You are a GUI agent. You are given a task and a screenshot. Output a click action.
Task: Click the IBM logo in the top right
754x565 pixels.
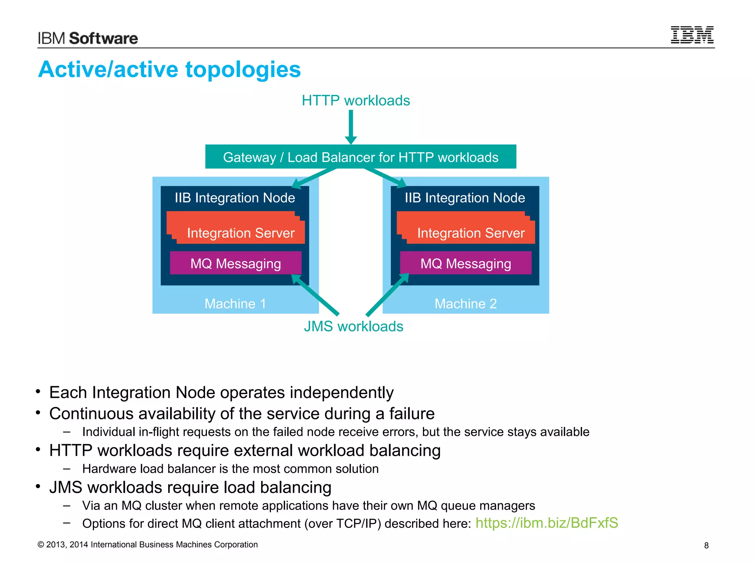click(x=692, y=35)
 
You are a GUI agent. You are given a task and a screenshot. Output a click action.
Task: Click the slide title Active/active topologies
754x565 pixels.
click(x=169, y=70)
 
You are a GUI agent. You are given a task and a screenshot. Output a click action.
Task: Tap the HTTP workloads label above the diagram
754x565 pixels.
click(x=356, y=100)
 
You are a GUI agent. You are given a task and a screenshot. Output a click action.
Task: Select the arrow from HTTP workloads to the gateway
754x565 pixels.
click(x=351, y=127)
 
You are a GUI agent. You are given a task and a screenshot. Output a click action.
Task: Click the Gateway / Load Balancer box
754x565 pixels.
click(x=360, y=157)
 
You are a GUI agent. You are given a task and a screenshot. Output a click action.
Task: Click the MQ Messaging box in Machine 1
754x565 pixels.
click(x=236, y=263)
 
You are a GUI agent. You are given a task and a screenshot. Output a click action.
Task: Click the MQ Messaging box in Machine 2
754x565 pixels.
click(x=466, y=263)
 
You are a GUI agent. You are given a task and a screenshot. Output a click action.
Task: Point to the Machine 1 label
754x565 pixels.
click(x=235, y=304)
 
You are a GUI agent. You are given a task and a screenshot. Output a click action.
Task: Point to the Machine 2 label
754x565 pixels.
click(x=466, y=304)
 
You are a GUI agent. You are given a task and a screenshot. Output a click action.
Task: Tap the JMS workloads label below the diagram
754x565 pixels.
click(x=353, y=327)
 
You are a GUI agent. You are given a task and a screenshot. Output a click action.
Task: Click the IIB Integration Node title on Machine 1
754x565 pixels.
click(x=235, y=198)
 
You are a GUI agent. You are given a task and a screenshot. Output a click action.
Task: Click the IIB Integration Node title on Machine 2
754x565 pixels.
click(x=465, y=198)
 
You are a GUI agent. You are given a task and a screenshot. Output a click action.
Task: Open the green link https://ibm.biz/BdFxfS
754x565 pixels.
click(x=547, y=523)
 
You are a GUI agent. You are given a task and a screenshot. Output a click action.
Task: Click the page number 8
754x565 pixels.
click(x=706, y=546)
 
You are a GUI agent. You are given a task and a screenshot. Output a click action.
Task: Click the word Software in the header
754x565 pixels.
click(x=103, y=39)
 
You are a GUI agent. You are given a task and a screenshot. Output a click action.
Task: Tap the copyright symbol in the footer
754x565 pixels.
click(x=41, y=545)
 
